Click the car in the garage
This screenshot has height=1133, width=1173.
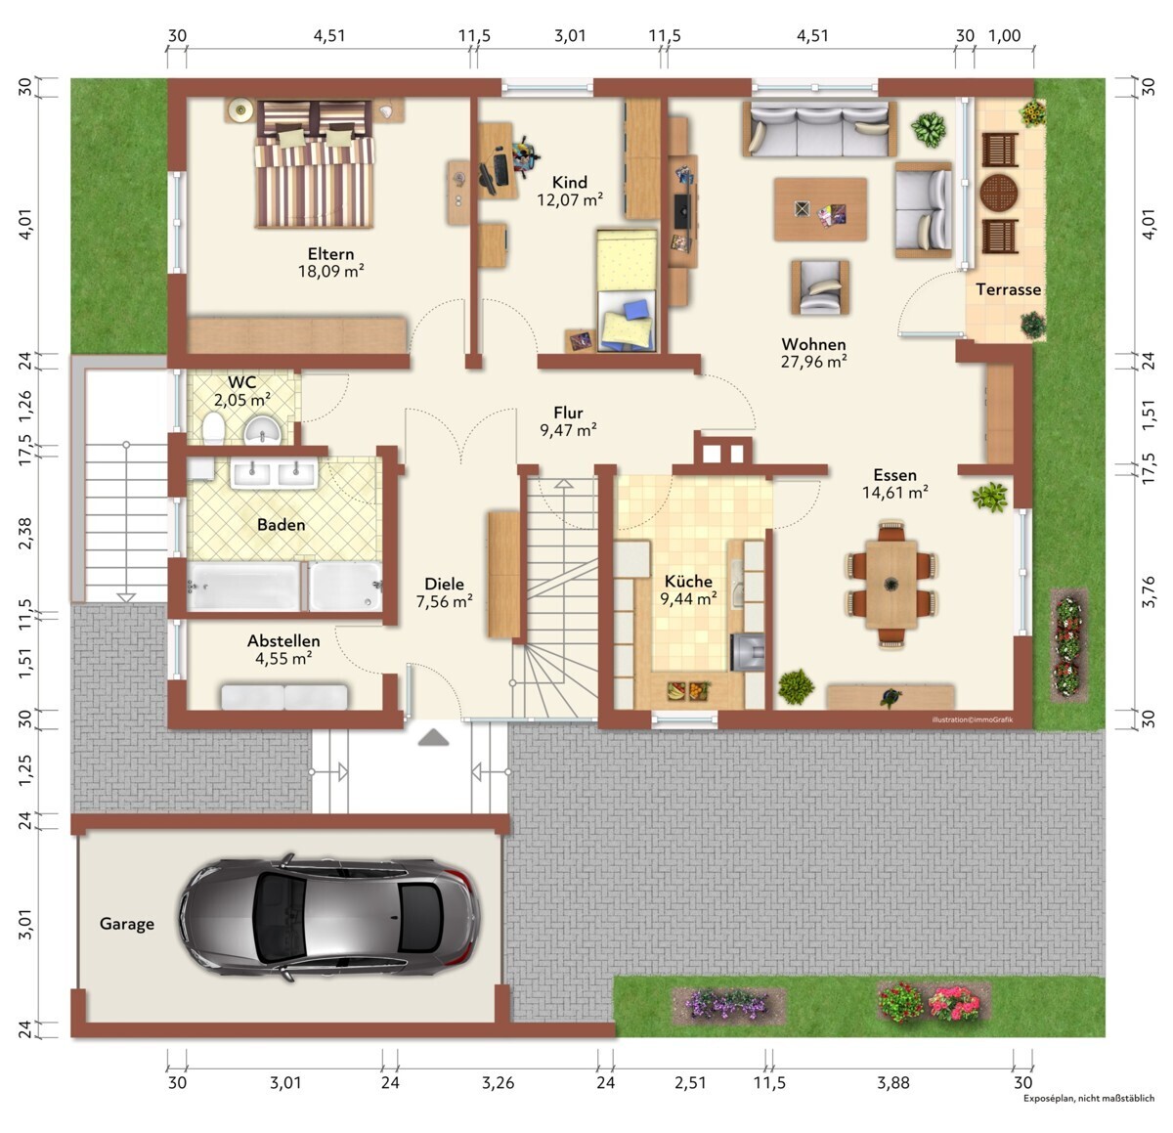(x=329, y=917)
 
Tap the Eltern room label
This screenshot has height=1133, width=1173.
(x=330, y=254)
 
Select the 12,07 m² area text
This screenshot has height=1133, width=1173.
(x=570, y=199)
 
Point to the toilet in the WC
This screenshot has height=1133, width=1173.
(x=213, y=426)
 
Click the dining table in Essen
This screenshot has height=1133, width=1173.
(x=891, y=585)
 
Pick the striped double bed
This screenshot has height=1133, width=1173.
(x=314, y=164)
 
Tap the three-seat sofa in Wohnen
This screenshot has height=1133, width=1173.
(x=819, y=129)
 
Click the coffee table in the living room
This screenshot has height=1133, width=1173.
(x=820, y=209)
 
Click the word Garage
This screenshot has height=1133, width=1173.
(x=126, y=924)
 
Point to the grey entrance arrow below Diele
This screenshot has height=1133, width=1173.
(x=433, y=737)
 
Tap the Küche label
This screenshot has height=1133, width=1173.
(x=688, y=581)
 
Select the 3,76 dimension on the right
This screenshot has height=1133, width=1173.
(x=1148, y=591)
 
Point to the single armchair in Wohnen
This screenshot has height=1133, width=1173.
(x=820, y=286)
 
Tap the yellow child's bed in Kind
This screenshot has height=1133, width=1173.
(x=627, y=289)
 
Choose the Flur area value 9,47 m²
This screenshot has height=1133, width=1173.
(x=569, y=430)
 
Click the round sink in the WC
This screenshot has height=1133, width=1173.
(x=262, y=430)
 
